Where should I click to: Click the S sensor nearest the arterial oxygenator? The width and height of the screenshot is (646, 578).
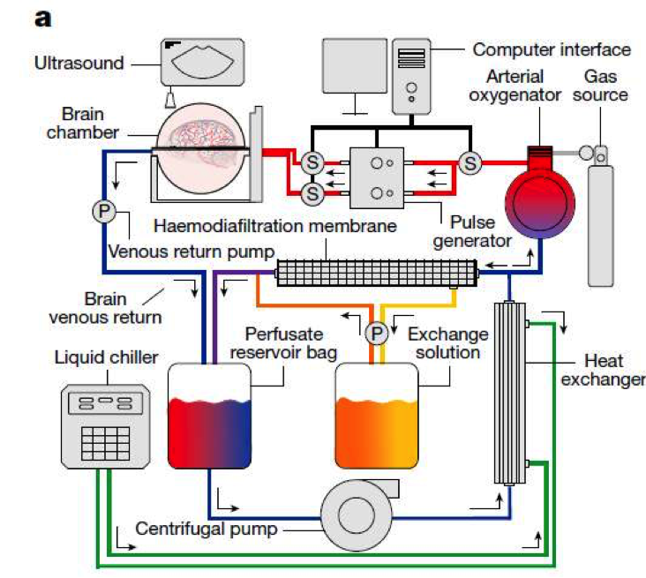(470, 162)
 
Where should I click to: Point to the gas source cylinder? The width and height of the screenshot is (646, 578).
(601, 221)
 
